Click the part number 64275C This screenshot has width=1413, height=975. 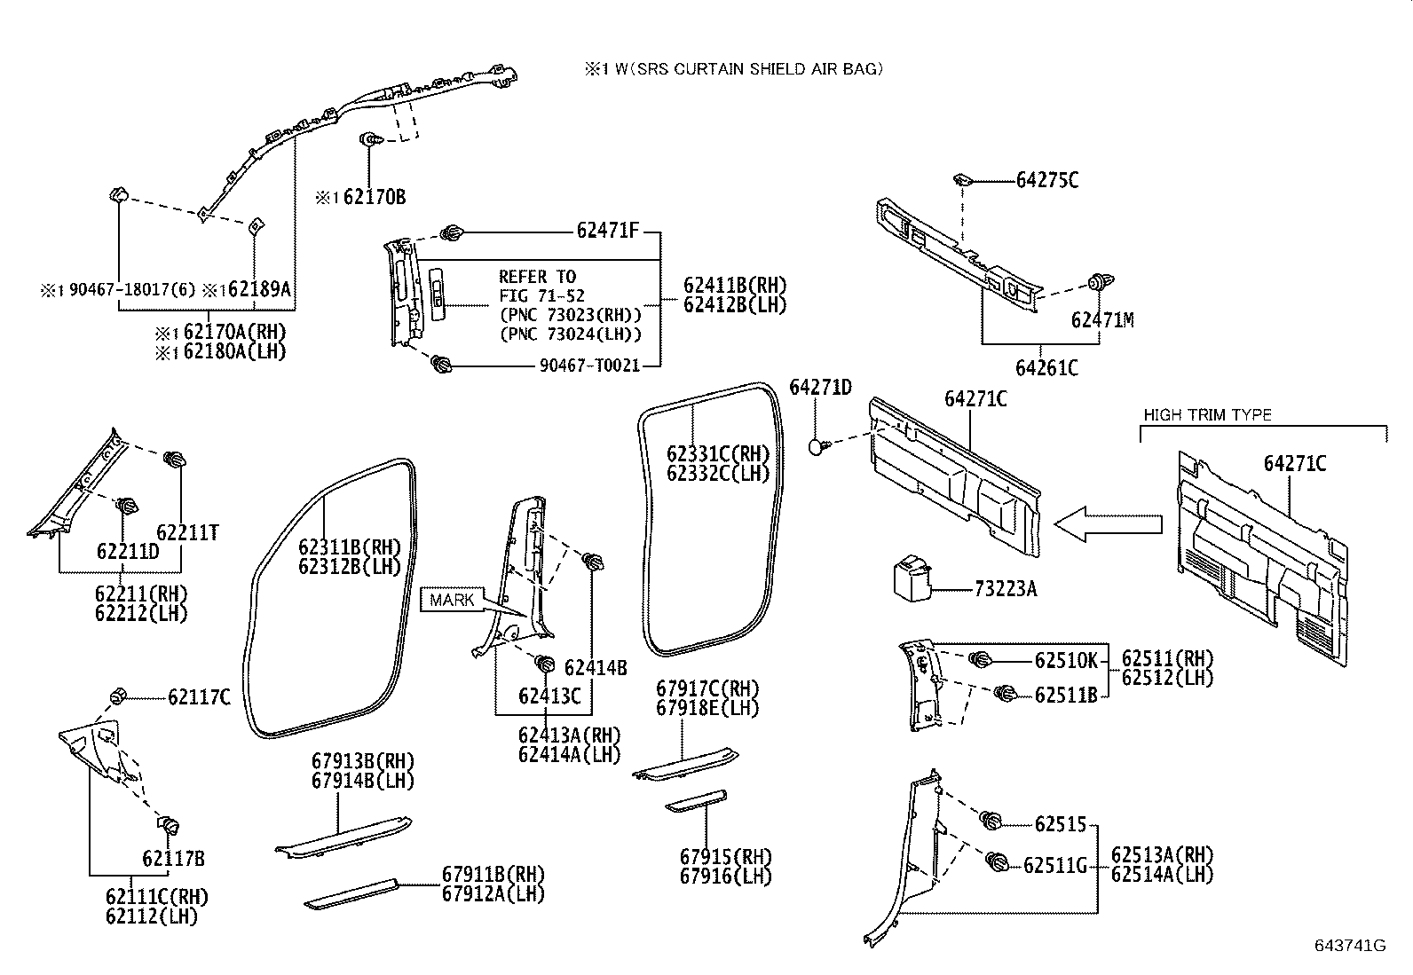pos(1047,180)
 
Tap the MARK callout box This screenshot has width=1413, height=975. pos(452,600)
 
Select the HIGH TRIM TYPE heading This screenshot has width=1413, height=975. pos(1207,414)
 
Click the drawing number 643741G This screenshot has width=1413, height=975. pos(1349,946)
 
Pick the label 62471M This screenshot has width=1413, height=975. pos(1101,320)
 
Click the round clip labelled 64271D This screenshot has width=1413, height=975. pos(818,446)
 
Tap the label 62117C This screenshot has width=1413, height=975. pos(199,697)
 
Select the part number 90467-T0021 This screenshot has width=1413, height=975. pos(589,366)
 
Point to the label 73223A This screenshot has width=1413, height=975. pos(1005,588)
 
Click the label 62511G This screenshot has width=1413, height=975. pos(1054,865)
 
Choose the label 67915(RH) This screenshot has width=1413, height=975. pos(726,857)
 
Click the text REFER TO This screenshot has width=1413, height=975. pos(537,276)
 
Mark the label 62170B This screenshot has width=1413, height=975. pos(374,197)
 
